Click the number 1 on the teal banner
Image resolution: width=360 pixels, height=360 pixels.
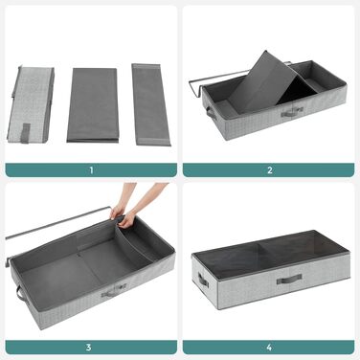click(x=91, y=170)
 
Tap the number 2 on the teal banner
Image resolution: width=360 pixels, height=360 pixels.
click(x=270, y=170)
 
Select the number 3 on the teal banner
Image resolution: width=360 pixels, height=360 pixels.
click(x=89, y=347)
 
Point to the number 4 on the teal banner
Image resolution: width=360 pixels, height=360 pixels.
click(x=269, y=347)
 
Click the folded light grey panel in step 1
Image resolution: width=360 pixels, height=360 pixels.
click(x=31, y=103)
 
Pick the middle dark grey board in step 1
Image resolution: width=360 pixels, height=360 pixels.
click(x=93, y=105)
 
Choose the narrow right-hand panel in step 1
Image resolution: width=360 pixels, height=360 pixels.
click(x=150, y=104)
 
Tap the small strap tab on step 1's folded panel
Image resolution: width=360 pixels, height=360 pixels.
click(x=26, y=133)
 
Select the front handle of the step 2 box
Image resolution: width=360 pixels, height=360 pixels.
click(x=292, y=112)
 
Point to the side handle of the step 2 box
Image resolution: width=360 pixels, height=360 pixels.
click(x=211, y=113)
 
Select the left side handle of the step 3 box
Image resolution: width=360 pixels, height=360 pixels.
click(x=20, y=292)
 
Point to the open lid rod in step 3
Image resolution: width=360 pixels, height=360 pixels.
click(x=57, y=222)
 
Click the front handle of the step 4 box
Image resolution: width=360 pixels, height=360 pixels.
click(x=289, y=279)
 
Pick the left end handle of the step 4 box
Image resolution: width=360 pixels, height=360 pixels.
click(x=203, y=281)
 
